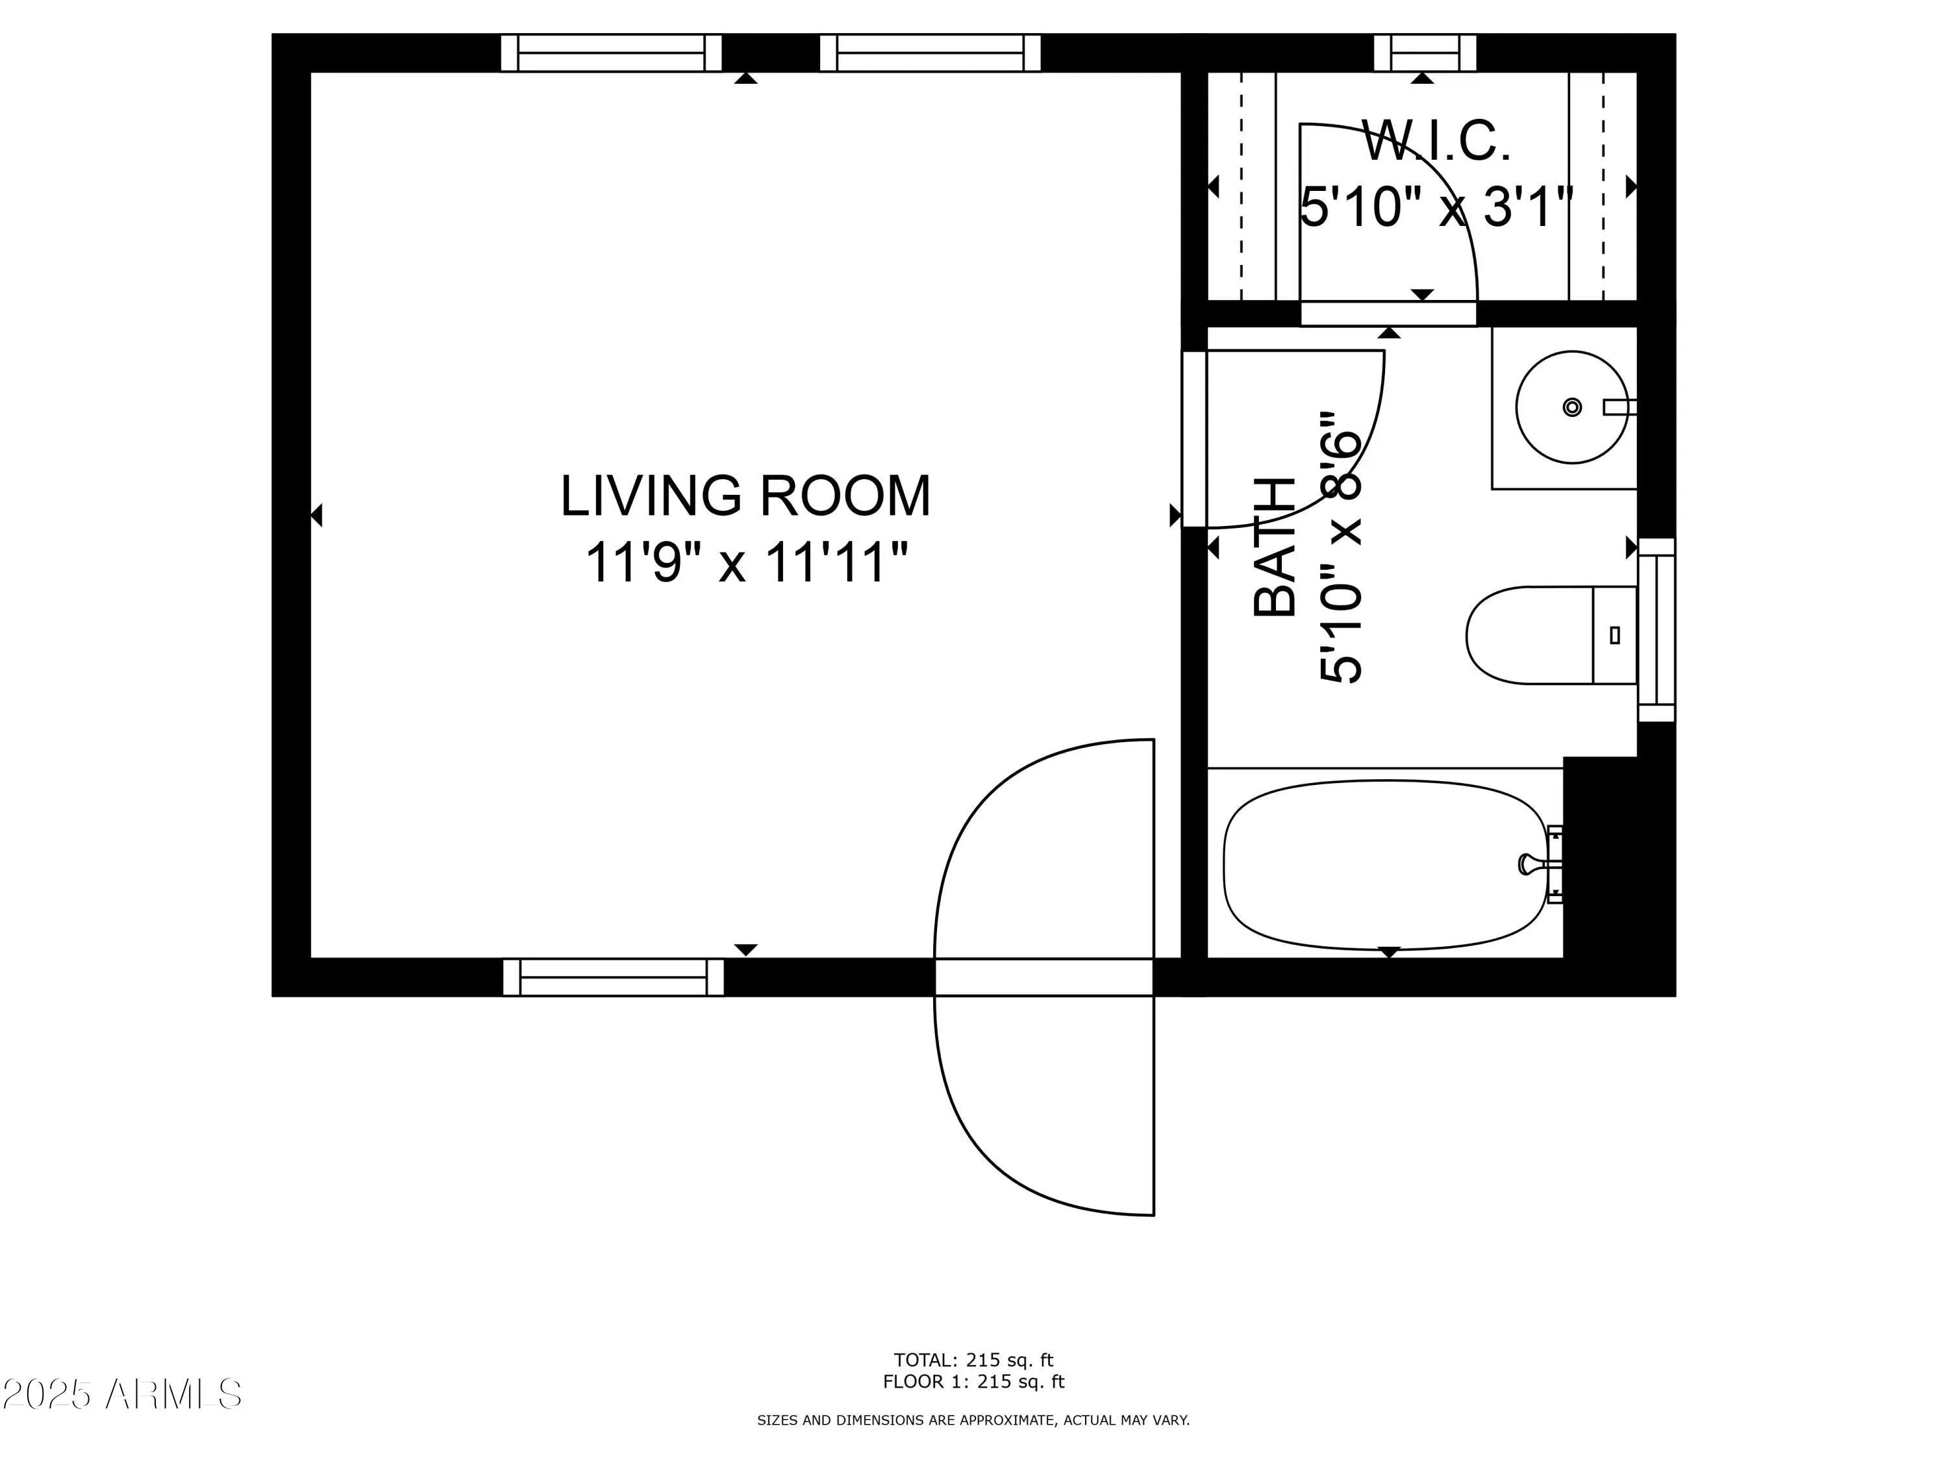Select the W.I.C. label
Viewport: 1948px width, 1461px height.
click(x=1436, y=141)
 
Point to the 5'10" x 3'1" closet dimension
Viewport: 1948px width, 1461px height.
click(x=1436, y=208)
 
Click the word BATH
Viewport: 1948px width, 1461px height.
click(x=1274, y=547)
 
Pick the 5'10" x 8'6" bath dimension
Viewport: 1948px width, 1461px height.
click(x=1340, y=547)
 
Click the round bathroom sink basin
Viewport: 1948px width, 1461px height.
click(x=1572, y=407)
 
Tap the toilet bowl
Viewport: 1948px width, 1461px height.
click(x=1530, y=635)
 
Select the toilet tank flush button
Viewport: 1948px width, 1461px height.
click(x=1614, y=635)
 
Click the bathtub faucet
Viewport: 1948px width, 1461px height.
click(x=1532, y=864)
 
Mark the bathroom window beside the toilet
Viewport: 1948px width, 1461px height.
click(x=1656, y=629)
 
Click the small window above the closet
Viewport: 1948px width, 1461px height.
click(x=1425, y=53)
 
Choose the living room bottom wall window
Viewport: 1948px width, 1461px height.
click(x=614, y=977)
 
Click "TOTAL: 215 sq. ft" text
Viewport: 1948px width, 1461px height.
click(x=973, y=1360)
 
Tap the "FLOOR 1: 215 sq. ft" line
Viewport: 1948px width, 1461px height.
click(x=973, y=1382)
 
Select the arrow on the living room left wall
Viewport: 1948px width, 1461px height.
click(x=317, y=515)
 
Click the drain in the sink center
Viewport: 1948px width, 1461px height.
click(x=1572, y=407)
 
